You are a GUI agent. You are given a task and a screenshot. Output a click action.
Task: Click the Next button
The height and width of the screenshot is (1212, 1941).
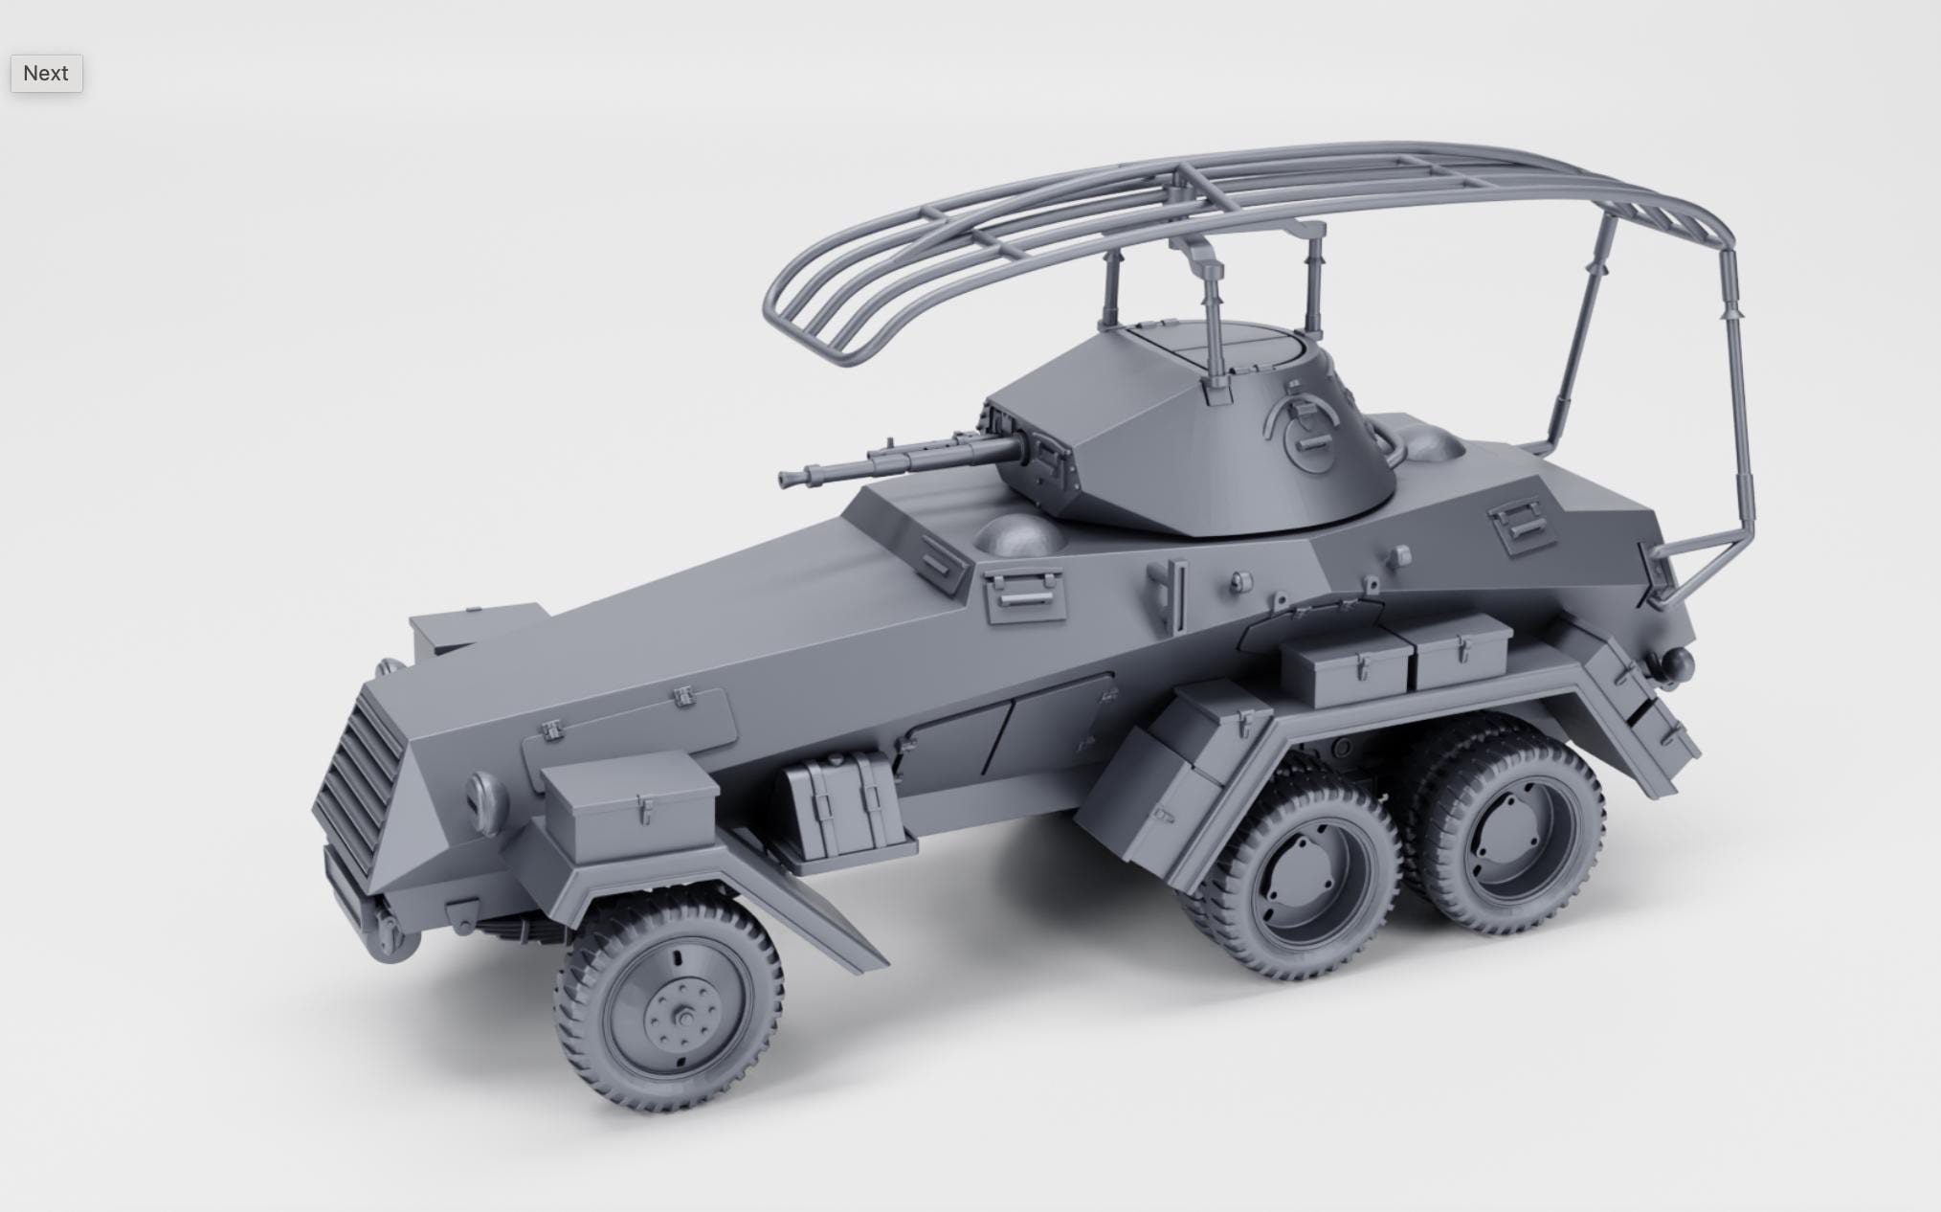coord(46,74)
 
